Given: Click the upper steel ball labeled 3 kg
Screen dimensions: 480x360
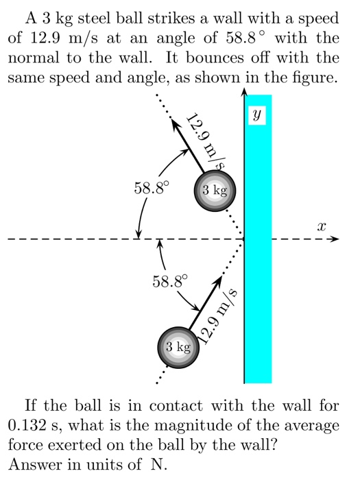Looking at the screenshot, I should tap(215, 189).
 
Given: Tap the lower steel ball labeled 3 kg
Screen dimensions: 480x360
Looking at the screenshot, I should tap(177, 348).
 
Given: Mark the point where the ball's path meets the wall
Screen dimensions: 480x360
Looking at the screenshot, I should tap(244, 239).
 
